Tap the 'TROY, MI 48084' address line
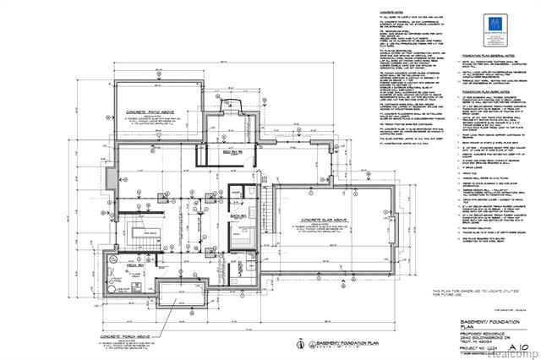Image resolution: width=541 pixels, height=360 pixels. coord(473,341)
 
